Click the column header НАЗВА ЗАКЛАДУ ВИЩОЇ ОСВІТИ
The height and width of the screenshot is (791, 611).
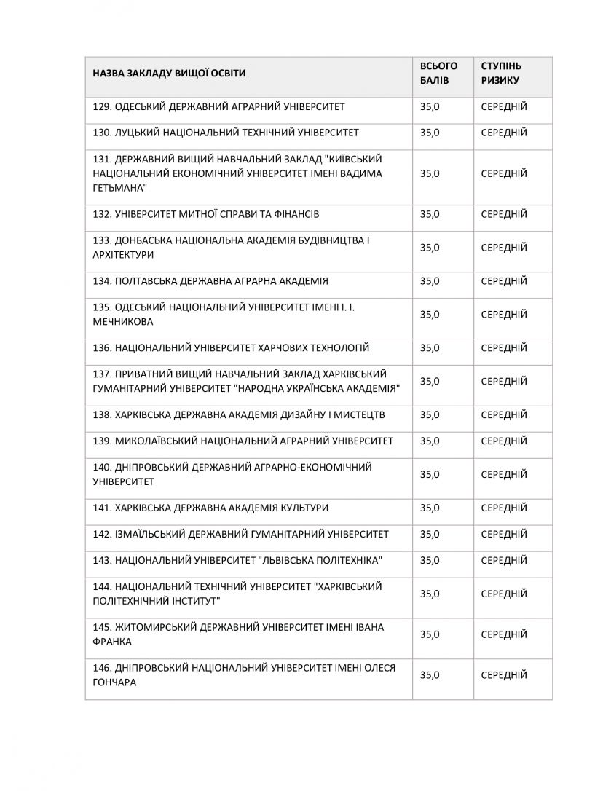click(169, 74)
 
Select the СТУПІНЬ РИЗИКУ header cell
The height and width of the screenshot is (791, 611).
click(501, 74)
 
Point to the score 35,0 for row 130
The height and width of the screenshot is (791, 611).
click(430, 133)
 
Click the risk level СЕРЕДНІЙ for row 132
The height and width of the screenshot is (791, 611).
click(504, 215)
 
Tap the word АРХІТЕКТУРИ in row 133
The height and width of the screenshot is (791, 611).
click(123, 256)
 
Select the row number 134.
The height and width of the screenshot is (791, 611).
click(102, 281)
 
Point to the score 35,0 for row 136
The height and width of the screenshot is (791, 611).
click(430, 348)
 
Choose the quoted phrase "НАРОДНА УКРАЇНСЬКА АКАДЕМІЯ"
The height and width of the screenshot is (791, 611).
click(319, 389)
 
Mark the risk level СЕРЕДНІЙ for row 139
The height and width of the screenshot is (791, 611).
click(504, 441)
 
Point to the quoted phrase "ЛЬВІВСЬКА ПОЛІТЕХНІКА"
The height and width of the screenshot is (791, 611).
click(321, 561)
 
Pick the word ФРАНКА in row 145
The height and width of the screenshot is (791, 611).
click(113, 642)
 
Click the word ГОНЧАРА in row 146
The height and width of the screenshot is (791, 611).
click(115, 683)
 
